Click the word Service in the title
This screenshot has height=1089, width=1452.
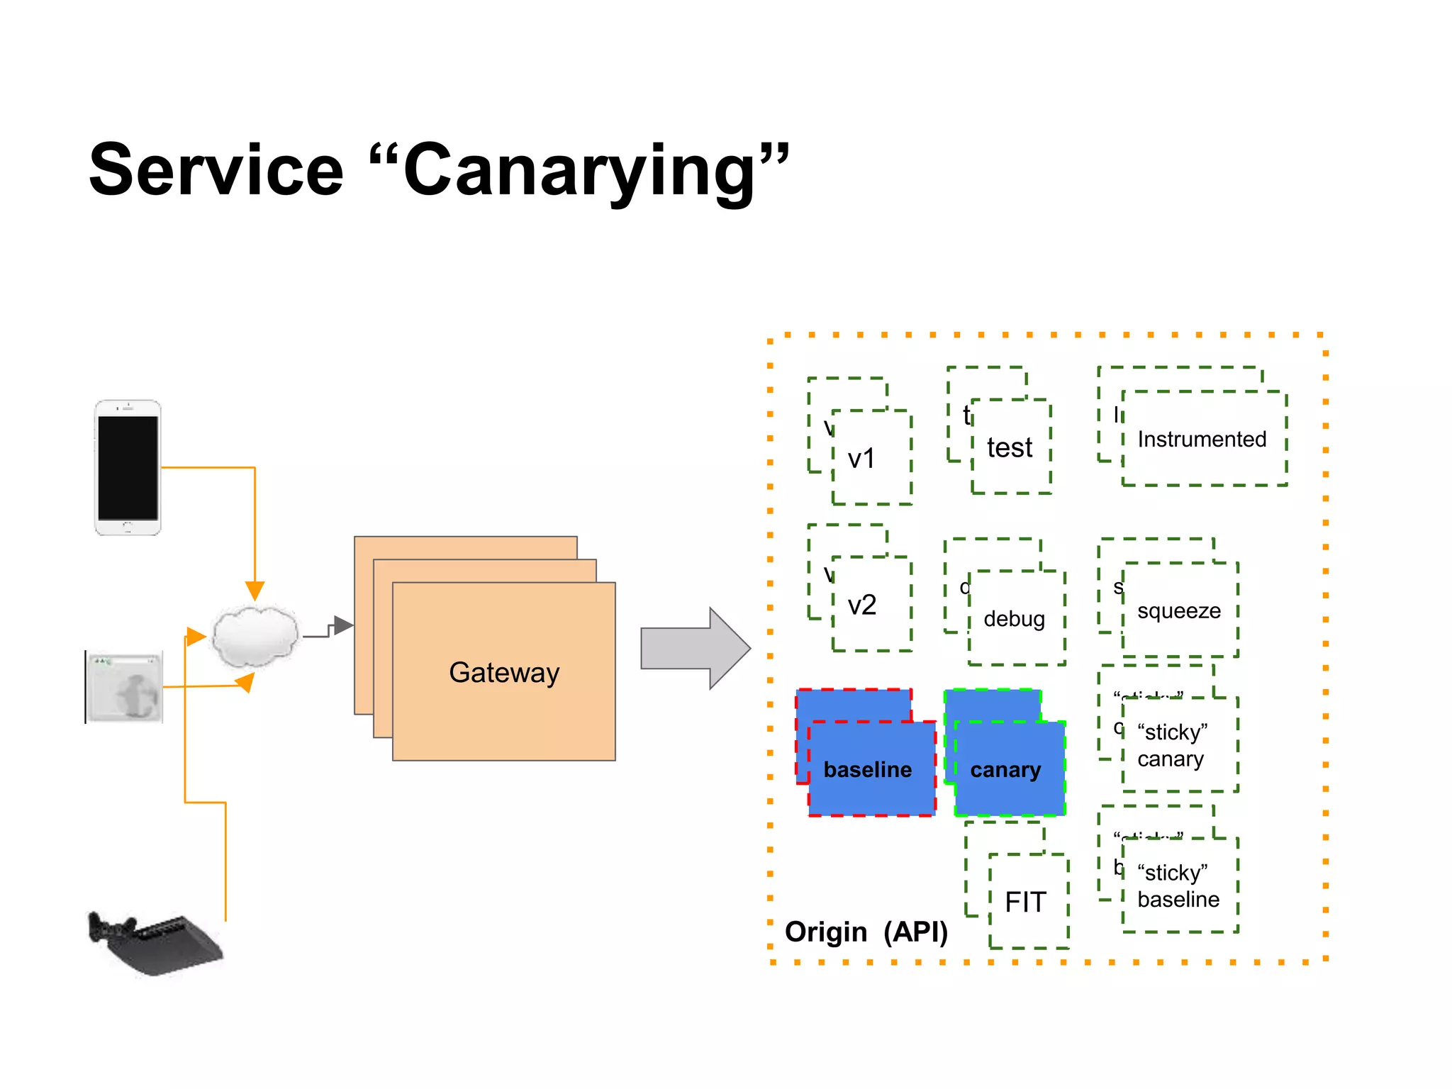click(x=216, y=170)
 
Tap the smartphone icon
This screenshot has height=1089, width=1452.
click(x=128, y=467)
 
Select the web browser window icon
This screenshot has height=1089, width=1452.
click(x=125, y=686)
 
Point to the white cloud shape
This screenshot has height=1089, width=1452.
click(x=255, y=636)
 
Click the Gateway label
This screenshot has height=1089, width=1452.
click(x=504, y=672)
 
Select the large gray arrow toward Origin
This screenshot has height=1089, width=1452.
click(x=694, y=648)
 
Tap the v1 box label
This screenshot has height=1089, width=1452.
click(x=861, y=459)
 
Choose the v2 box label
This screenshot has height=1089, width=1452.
click(x=862, y=605)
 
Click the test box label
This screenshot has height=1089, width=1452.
click(x=1010, y=448)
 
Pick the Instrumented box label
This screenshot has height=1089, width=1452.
click(x=1202, y=440)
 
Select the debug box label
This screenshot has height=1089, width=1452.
click(x=1014, y=619)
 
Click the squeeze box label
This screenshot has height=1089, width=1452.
click(x=1178, y=610)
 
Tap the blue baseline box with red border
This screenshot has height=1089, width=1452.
click(x=868, y=769)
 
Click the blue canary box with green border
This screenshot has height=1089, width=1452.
click(x=1006, y=769)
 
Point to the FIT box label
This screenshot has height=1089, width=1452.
click(x=1025, y=902)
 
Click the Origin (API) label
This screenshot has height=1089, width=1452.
click(x=866, y=932)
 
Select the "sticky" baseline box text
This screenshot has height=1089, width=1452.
click(x=1178, y=886)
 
